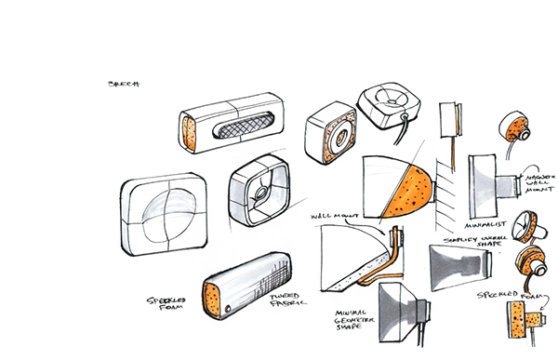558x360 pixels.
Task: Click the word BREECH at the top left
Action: tap(123, 84)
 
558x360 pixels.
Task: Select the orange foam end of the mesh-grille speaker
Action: tap(192, 133)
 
